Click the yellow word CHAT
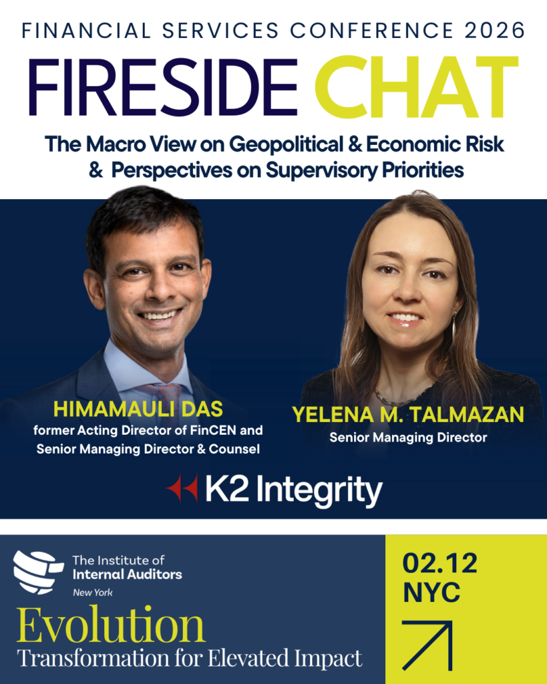417,88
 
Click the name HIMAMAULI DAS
138,409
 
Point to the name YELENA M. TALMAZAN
408,414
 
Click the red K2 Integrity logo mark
182,488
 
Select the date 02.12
439,563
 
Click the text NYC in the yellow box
431,592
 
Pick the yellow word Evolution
111,625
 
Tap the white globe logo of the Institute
37,572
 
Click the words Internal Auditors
128,574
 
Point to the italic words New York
92,592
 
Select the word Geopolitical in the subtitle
286,145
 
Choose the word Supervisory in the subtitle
321,170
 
